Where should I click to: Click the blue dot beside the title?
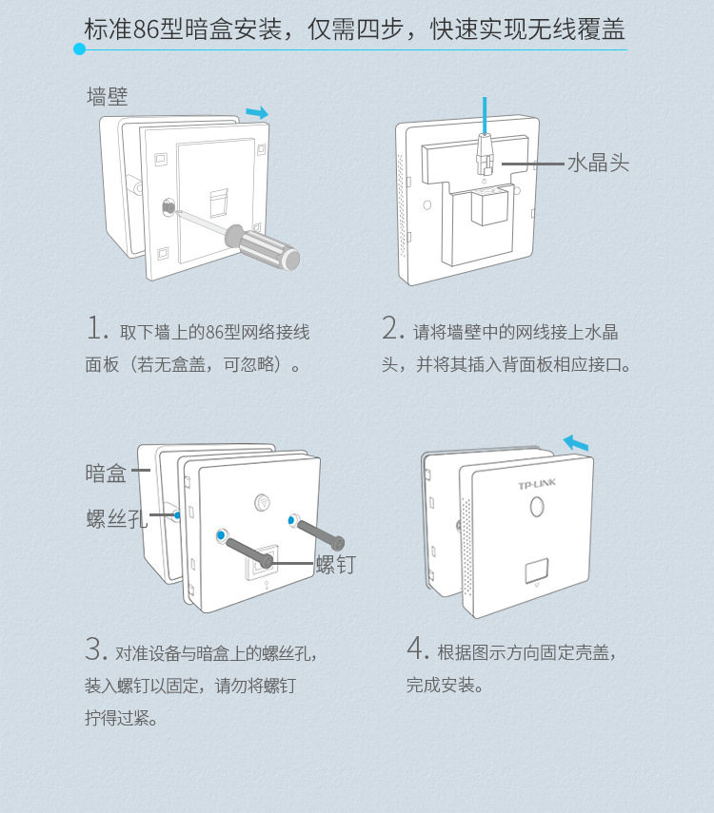(x=79, y=49)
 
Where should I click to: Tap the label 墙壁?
(x=107, y=97)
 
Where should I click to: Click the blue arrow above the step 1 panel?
(x=257, y=112)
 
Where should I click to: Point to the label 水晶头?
(x=598, y=164)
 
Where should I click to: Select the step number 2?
(x=392, y=328)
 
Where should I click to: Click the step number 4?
(x=418, y=648)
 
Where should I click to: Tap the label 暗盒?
(x=106, y=474)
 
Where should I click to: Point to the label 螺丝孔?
(x=117, y=518)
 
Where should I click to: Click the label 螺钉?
(x=336, y=564)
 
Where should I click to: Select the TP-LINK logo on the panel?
(x=537, y=485)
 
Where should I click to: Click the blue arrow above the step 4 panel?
(x=576, y=443)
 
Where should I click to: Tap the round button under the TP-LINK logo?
(x=537, y=506)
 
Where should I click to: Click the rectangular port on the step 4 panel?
(x=537, y=571)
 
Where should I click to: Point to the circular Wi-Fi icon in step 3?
(x=263, y=502)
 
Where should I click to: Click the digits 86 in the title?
(x=146, y=29)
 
